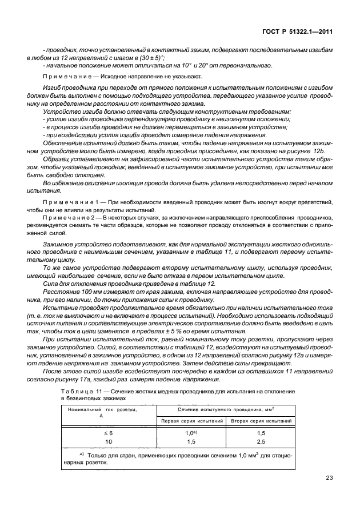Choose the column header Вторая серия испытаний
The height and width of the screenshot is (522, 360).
coord(261,420)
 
